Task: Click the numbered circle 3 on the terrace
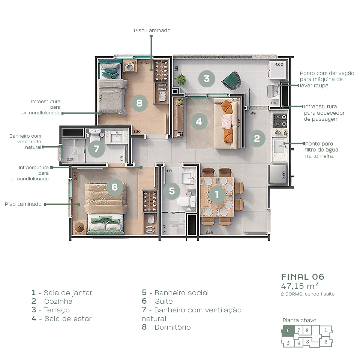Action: pos(207,79)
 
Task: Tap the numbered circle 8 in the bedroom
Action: pos(139,102)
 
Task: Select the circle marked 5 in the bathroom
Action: pos(172,191)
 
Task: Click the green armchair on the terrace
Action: pos(231,80)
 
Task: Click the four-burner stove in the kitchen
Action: pos(279,120)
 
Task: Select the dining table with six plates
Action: pos(217,196)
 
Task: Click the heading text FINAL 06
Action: pos(303,277)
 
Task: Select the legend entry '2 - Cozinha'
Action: pos(52,301)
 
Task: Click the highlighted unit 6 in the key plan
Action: pos(288,330)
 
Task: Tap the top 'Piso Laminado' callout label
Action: pos(152,30)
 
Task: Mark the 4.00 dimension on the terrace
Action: pos(279,64)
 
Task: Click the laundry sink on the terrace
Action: pos(273,90)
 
